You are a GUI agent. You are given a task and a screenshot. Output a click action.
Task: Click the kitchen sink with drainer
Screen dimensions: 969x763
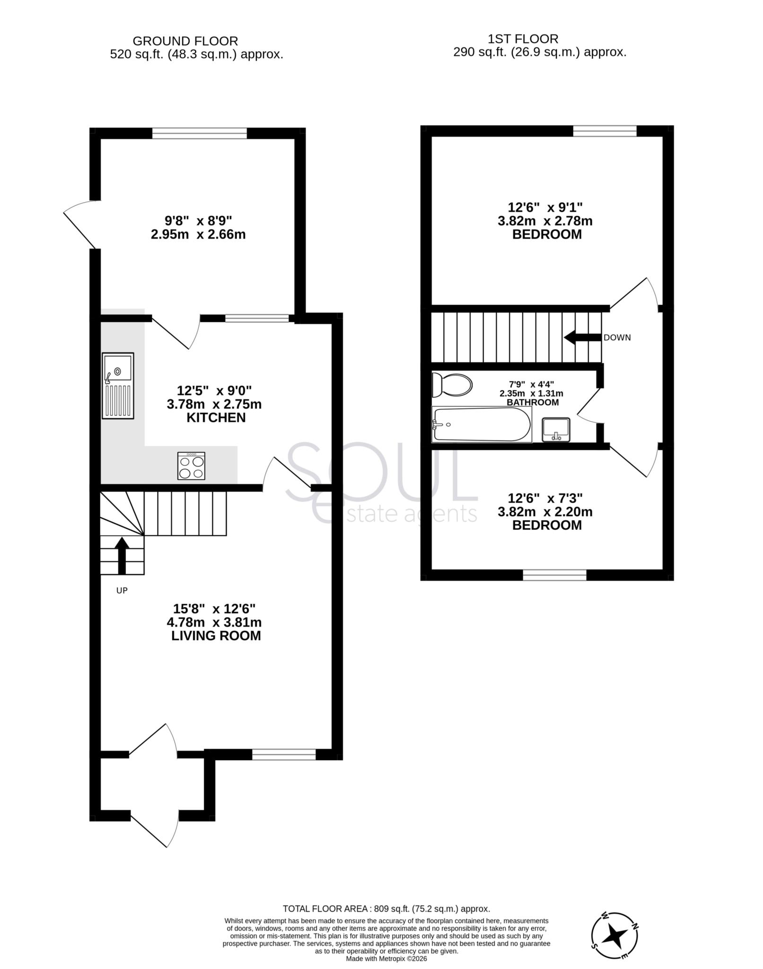[118, 386]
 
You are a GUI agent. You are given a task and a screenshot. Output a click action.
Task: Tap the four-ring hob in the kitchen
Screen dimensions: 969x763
[191, 466]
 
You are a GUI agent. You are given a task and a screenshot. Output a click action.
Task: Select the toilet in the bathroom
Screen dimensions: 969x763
[452, 385]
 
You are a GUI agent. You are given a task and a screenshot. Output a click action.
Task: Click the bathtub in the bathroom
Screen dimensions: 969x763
[481, 425]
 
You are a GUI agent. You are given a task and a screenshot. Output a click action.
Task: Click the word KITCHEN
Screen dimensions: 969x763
[216, 418]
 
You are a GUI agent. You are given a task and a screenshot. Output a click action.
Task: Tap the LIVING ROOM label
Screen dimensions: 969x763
[216, 635]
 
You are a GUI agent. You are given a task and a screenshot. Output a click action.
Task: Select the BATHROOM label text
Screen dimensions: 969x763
[533, 403]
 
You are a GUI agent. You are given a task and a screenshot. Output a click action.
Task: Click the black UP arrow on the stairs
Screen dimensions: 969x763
[122, 555]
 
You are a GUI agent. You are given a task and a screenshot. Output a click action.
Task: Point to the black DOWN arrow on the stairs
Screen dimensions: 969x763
[582, 338]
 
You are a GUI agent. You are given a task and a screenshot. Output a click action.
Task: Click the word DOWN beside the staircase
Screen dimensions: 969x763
[617, 338]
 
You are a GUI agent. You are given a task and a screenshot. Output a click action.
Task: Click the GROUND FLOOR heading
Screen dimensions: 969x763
[185, 41]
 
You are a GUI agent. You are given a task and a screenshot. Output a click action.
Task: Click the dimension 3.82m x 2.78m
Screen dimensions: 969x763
[545, 221]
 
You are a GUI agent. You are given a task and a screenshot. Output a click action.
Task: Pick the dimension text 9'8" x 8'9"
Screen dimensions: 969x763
[198, 220]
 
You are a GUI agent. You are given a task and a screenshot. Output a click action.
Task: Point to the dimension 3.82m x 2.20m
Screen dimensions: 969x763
[545, 512]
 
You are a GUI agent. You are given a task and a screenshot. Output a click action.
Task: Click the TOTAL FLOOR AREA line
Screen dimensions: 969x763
[386, 909]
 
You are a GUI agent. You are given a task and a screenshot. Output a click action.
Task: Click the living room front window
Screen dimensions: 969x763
[284, 755]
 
